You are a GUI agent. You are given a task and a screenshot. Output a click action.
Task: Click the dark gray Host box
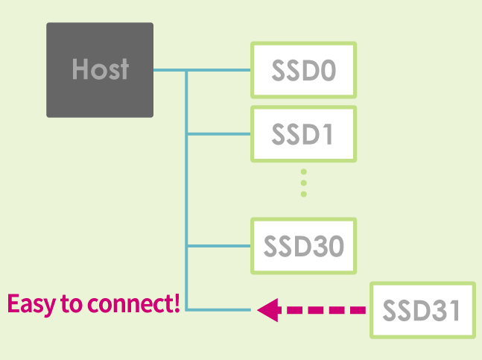(100, 70)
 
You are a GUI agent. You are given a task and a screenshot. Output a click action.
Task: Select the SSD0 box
(304, 70)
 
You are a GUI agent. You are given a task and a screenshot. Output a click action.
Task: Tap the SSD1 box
(304, 133)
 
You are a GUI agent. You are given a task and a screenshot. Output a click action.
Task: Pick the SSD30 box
(304, 246)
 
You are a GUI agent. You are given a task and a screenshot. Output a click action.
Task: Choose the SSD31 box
(422, 310)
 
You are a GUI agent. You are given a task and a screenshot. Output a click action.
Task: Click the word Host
(101, 69)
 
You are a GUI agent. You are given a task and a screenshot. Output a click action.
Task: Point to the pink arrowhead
(267, 310)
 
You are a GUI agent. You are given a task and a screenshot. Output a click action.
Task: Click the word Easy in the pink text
(32, 304)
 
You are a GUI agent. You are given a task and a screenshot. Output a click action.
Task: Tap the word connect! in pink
(133, 303)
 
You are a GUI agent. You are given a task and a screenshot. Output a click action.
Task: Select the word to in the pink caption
(72, 304)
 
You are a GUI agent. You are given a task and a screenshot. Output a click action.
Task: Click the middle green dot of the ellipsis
(304, 183)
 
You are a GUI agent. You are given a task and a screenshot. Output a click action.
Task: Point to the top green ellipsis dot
(304, 171)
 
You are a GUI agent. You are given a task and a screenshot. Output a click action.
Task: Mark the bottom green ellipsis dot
(304, 194)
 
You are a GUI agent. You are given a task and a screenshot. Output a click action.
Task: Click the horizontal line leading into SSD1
(219, 133)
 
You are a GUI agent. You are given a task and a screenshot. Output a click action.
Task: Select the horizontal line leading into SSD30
(219, 246)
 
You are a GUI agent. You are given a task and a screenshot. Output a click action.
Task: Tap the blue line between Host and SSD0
(202, 70)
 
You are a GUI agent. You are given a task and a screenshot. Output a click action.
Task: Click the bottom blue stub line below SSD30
(219, 310)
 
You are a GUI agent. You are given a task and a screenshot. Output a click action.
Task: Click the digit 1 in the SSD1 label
(327, 134)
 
